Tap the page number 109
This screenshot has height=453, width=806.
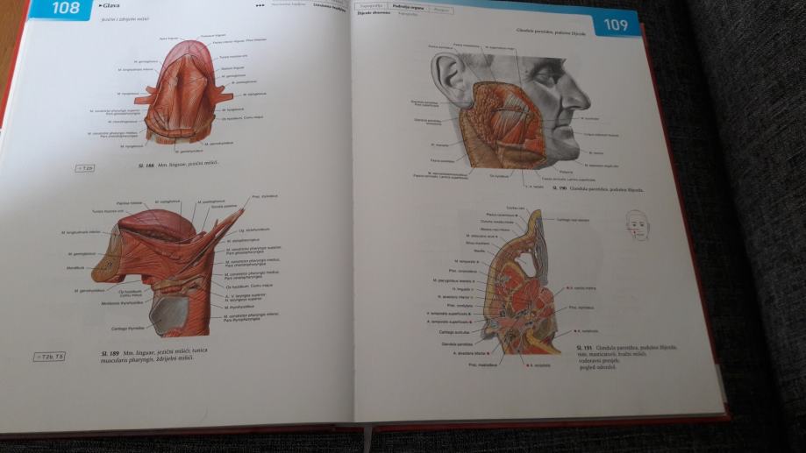click(616, 25)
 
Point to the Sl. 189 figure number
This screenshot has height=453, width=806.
click(103, 352)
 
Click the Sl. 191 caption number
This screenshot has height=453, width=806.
click(578, 350)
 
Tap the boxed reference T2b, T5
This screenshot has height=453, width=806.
click(49, 357)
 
